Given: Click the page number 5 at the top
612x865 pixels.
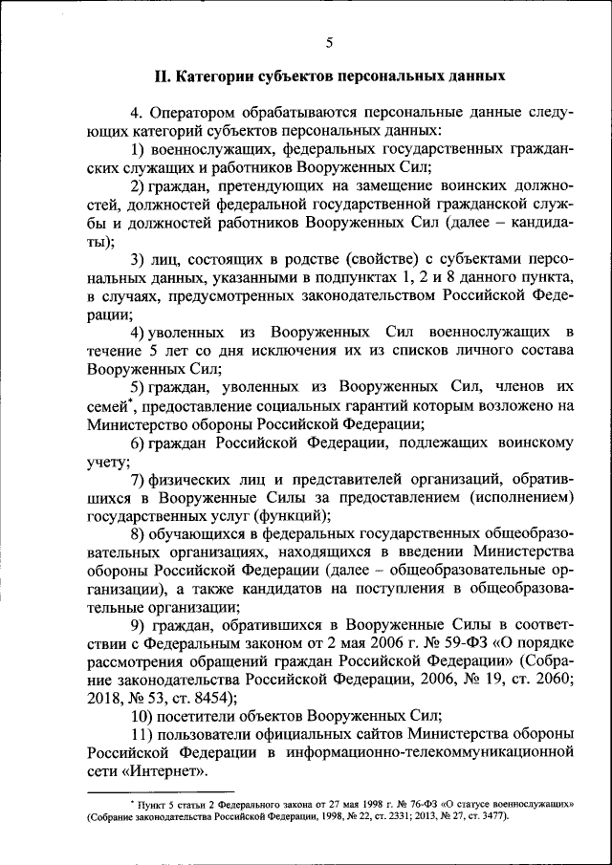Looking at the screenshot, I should pos(328,43).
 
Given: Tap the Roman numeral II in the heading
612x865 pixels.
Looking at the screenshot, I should pos(164,75).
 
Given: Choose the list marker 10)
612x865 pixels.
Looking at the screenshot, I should pos(142,716).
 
